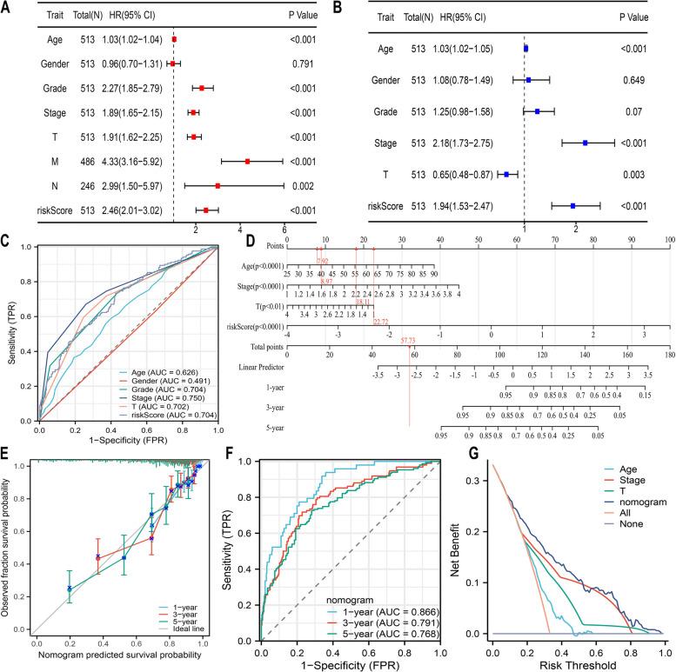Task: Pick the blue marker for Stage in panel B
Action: [586, 143]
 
